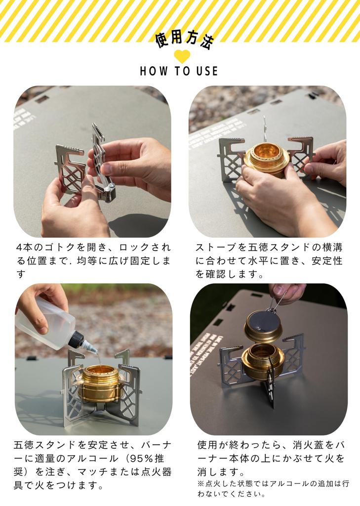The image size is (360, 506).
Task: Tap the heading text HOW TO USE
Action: click(179, 71)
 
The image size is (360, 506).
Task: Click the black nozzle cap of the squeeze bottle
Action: click(79, 340)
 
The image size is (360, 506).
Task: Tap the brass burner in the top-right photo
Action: click(266, 158)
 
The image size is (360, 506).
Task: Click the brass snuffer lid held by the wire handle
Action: click(263, 326)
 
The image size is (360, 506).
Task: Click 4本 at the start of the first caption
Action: click(22, 247)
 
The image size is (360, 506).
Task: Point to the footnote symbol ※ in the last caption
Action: click(200, 484)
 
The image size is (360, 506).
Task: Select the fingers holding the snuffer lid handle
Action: click(286, 292)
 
